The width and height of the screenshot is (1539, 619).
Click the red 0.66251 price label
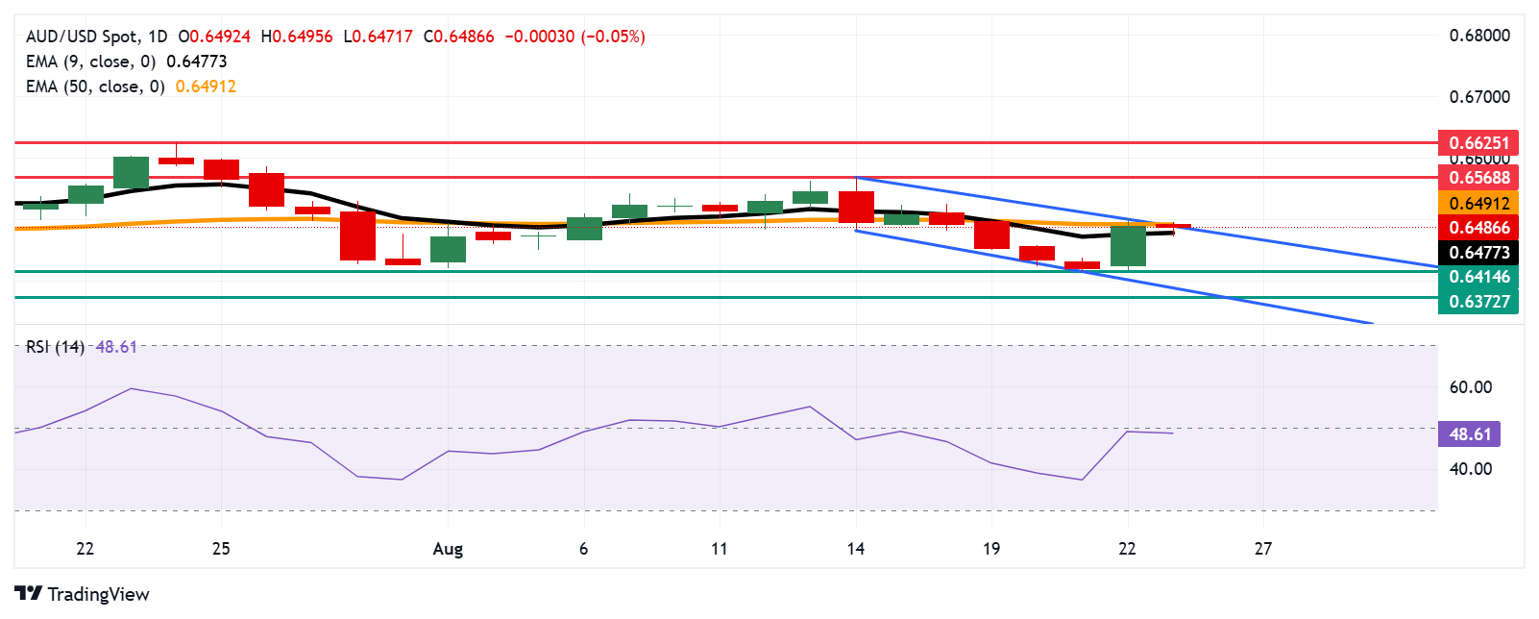1478,142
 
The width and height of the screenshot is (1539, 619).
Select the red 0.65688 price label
1478,177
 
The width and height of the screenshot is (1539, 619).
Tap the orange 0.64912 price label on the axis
1478,203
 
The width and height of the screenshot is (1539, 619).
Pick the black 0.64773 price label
1478,253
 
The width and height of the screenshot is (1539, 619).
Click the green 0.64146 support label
1478,277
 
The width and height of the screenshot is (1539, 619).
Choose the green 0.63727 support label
1478,302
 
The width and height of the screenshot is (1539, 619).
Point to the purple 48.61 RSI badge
1469,434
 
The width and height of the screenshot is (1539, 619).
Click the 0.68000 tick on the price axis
1478,36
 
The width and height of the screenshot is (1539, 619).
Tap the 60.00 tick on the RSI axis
1470,387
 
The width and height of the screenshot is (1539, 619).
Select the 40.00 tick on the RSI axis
1470,469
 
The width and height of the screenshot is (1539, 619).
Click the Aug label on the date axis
448,549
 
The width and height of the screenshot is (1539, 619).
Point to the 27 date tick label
1262,549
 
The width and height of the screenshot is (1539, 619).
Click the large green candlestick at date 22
1128,246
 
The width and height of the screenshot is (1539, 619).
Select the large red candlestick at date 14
856,207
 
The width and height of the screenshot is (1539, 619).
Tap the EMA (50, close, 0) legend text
94,87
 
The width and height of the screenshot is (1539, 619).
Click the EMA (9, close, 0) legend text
90,62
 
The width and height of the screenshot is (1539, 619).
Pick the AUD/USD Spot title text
82,37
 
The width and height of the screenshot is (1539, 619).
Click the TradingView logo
83,594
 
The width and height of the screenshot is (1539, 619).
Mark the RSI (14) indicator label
55,347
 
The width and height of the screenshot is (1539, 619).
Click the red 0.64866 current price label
1478,228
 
